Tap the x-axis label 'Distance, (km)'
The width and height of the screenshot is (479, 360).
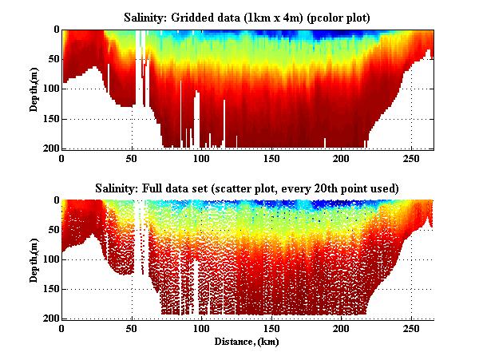tap(247, 341)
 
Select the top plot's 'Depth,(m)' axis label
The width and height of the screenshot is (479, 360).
tap(34, 89)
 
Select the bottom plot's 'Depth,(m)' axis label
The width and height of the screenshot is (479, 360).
tap(34, 259)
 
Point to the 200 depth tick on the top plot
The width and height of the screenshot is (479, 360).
tap(50, 148)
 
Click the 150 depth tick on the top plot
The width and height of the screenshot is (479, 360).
tap(50, 119)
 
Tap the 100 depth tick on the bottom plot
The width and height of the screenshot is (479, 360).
tap(50, 259)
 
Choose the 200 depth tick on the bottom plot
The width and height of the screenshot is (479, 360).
tap(50, 318)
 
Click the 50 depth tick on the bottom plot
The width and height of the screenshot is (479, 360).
tap(53, 229)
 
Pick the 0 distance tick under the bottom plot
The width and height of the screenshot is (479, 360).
tap(61, 328)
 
